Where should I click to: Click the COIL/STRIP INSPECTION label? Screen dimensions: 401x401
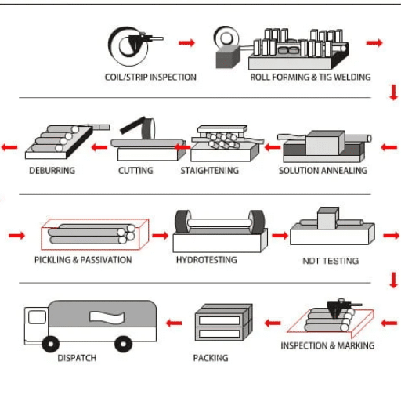point(150,78)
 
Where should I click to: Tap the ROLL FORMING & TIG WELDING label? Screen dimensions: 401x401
point(310,78)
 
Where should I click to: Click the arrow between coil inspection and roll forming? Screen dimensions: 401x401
point(186,42)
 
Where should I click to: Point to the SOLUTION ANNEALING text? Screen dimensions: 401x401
point(323,170)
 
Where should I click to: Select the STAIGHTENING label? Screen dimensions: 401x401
point(210,170)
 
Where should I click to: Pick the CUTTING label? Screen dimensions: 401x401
point(135,170)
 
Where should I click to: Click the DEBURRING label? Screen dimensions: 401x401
point(52,170)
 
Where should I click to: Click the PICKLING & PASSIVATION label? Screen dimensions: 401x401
point(83,260)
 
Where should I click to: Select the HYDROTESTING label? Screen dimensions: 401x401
point(206,260)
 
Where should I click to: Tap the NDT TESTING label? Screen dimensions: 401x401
point(331,261)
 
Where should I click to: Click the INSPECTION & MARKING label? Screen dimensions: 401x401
point(327,345)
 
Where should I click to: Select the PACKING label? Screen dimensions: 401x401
point(211,358)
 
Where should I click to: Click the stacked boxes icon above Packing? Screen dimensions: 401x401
point(224,322)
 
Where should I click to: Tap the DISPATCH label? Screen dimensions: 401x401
point(77,358)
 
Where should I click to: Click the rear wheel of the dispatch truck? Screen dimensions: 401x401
point(123,344)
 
